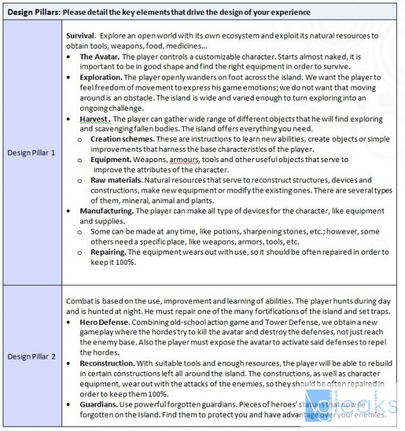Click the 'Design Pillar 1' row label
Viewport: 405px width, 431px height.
tap(31, 153)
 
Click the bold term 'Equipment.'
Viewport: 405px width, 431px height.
tap(109, 159)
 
